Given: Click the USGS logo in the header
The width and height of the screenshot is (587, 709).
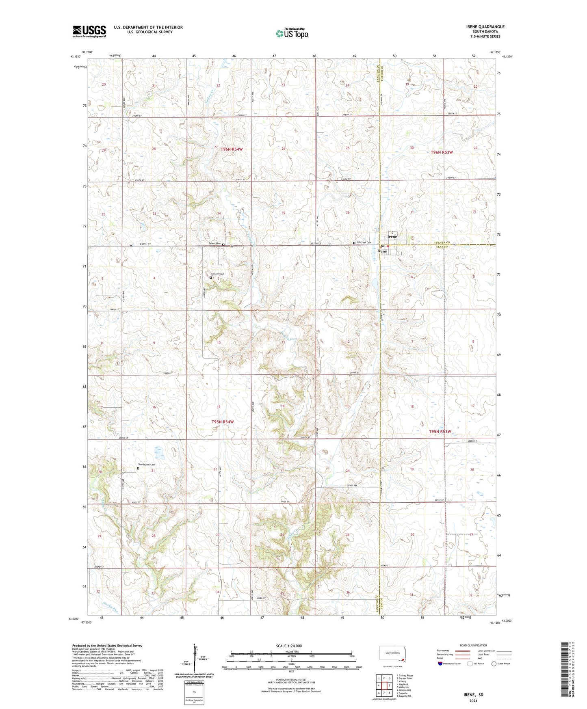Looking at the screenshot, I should (x=89, y=31).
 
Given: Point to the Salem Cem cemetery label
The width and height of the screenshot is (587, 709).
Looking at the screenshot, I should (x=214, y=243).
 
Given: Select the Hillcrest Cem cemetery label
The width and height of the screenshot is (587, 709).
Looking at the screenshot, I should (x=364, y=242).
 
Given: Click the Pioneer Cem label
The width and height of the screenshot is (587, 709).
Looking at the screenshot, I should (x=217, y=274).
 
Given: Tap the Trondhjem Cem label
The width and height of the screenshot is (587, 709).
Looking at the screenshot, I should (x=146, y=465).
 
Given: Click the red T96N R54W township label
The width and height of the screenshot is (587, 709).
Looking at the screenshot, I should (x=232, y=149).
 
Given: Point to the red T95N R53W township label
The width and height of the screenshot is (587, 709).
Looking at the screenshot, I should (x=440, y=431).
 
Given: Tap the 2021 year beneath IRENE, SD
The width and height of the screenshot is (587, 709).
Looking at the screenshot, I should (x=473, y=700).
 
